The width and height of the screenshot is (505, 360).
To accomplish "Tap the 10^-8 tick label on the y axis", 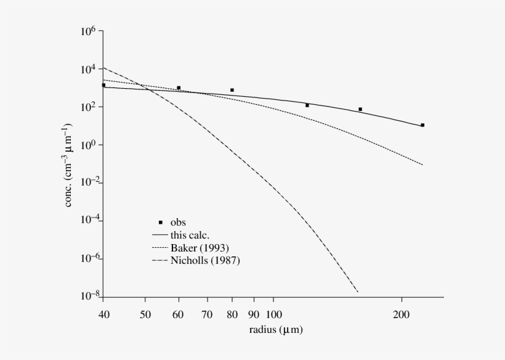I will (x=87, y=297).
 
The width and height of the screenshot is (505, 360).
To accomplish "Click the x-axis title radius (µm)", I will (x=276, y=330).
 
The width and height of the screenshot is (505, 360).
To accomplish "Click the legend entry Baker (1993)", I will (x=205, y=247).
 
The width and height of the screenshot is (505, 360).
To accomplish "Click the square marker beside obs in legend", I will (x=161, y=222).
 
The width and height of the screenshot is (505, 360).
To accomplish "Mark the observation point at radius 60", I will (x=179, y=88).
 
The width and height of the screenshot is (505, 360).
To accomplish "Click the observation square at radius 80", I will (x=232, y=90).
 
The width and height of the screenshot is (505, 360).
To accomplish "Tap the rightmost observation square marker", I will (x=422, y=125).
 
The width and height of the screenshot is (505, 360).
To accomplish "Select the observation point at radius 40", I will (x=103, y=85).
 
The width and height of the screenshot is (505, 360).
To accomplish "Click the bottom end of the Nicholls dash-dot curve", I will (x=357, y=292).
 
